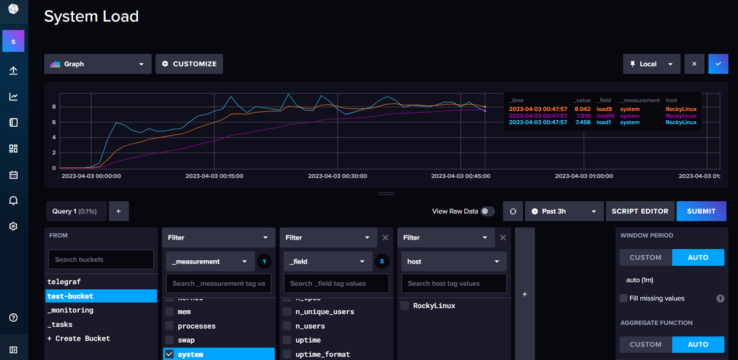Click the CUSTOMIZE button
tap(189, 64)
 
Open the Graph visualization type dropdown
tap(98, 64)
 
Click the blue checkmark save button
tap(718, 64)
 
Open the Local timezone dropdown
tap(651, 64)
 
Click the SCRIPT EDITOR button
tap(640, 211)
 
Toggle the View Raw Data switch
tap(488, 211)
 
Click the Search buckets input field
tap(101, 259)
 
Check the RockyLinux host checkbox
tap(405, 306)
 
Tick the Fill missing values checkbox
tap(624, 298)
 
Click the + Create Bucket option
tap(79, 338)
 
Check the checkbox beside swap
tap(169, 340)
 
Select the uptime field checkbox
tap(287, 340)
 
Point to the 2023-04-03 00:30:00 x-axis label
tap(338, 176)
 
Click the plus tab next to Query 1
tap(119, 211)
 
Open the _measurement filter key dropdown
tap(209, 262)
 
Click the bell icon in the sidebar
tap(14, 201)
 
